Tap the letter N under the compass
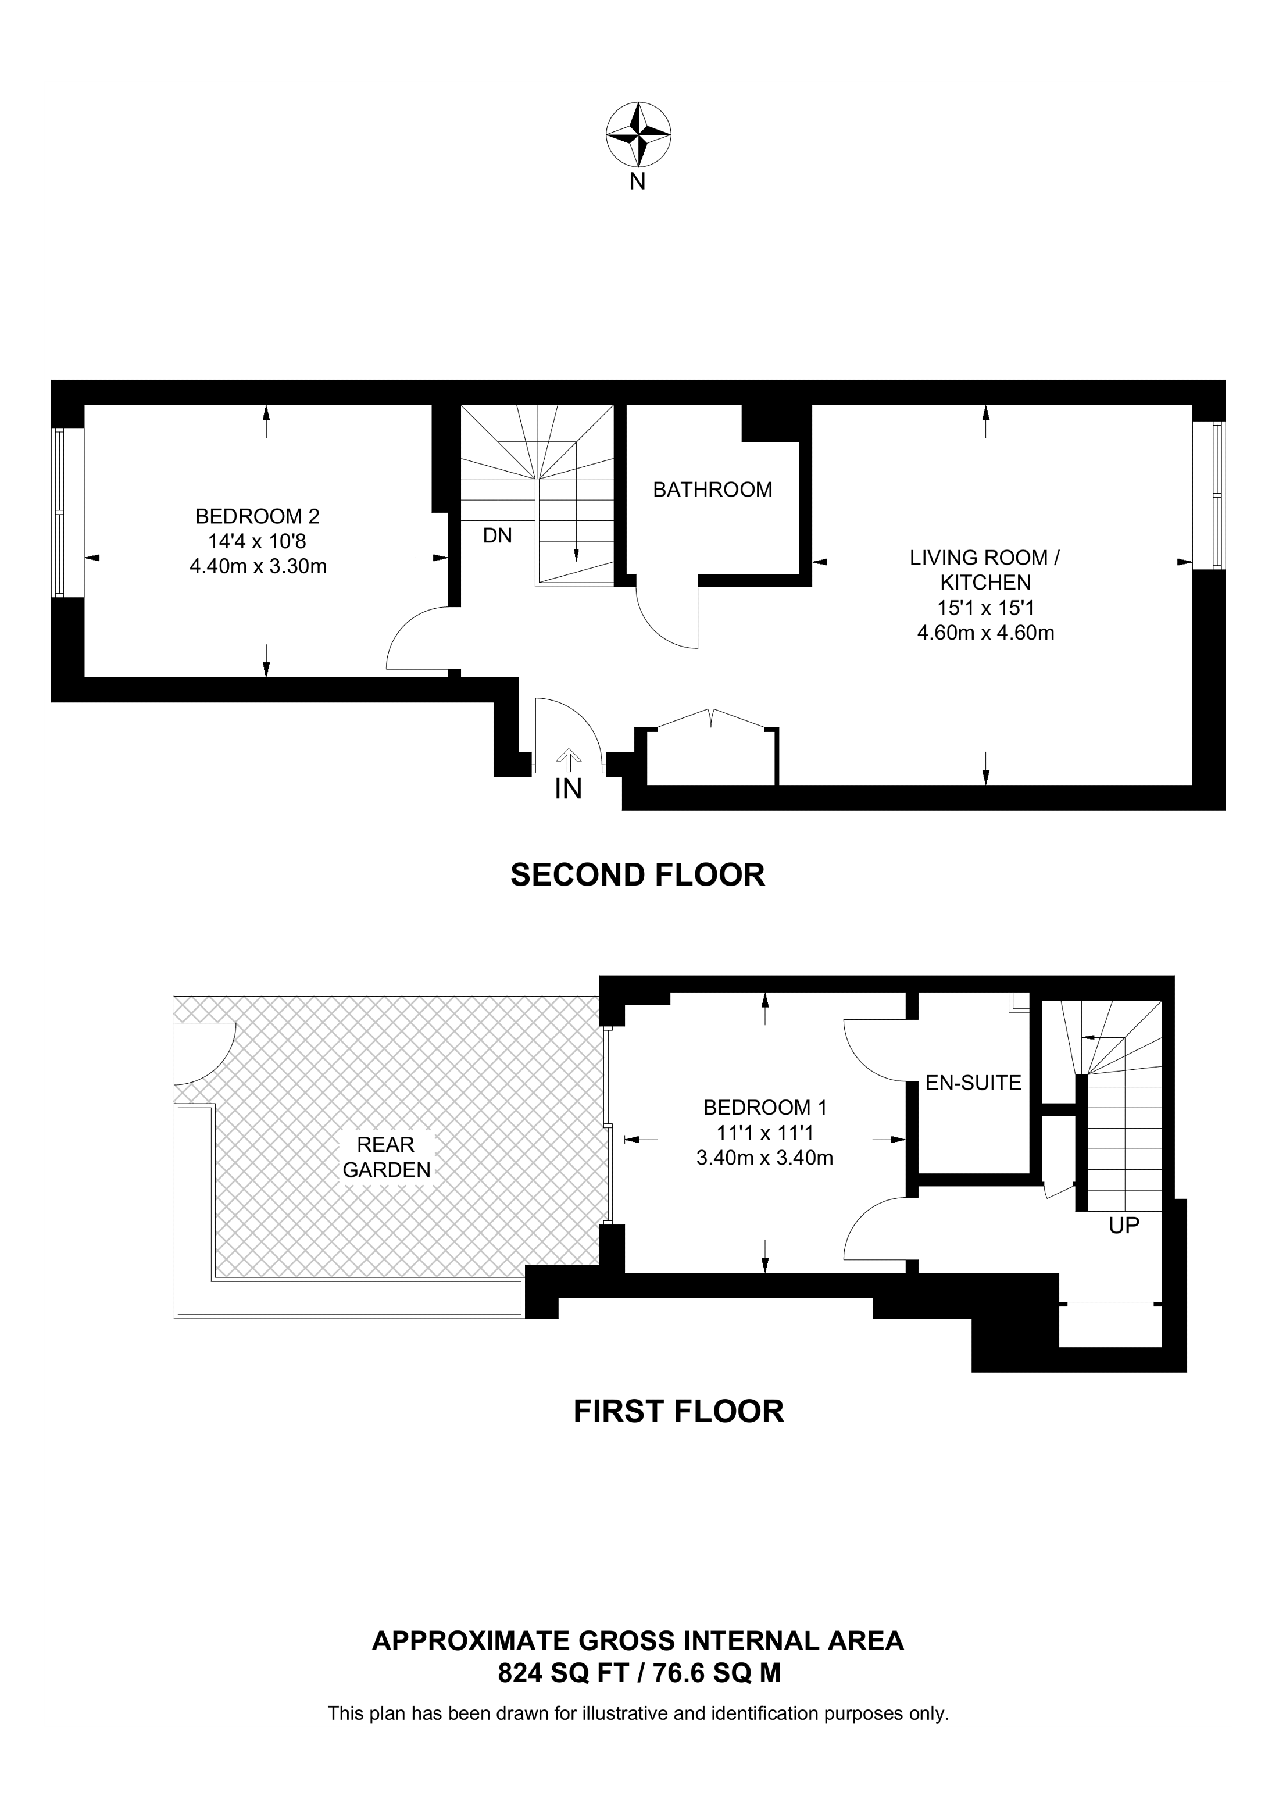click(638, 182)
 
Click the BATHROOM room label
click(712, 490)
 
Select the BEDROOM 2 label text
click(257, 516)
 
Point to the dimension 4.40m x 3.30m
click(258, 566)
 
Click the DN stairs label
click(497, 536)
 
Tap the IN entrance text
click(568, 789)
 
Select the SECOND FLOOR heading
click(638, 875)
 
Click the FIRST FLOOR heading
click(678, 1411)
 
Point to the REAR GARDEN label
click(386, 1156)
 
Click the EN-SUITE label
click(973, 1083)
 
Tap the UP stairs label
click(1124, 1226)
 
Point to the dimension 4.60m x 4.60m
click(985, 632)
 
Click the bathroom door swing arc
click(658, 627)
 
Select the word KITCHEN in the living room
click(985, 583)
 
